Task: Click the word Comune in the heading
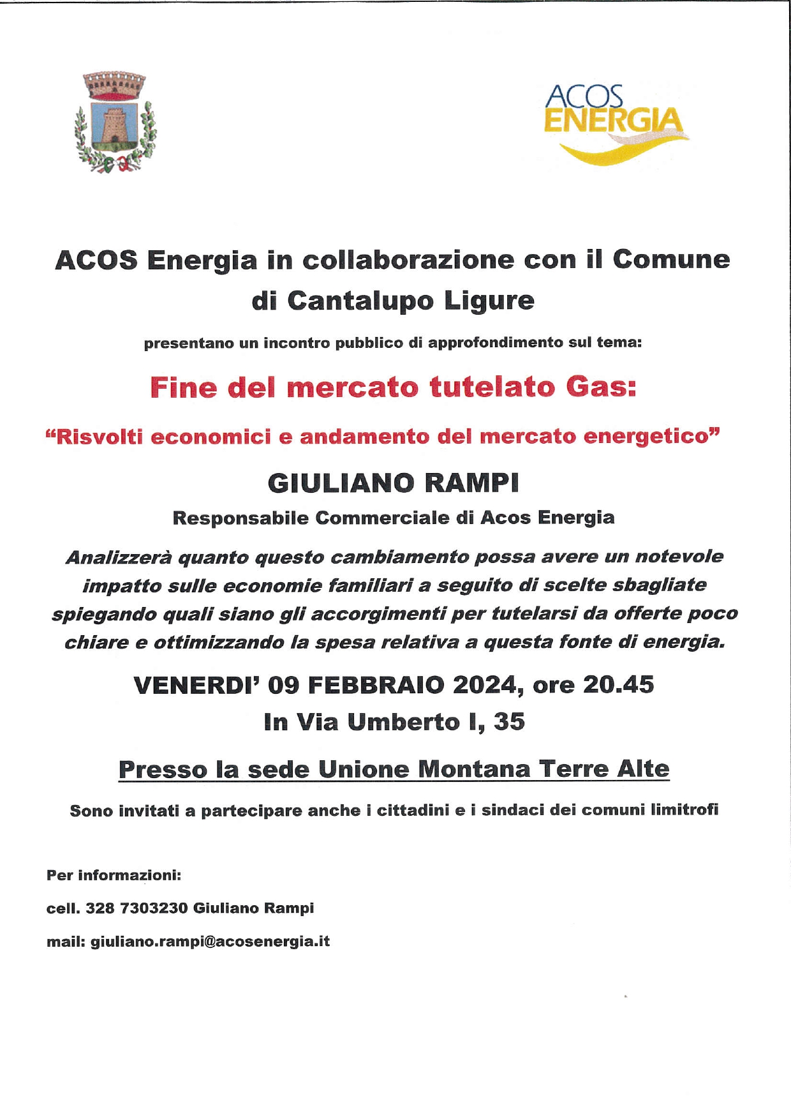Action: (671, 260)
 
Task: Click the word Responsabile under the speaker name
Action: (240, 518)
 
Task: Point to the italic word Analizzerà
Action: (119, 557)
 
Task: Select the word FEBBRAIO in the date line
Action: (377, 685)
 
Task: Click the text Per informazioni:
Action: (114, 875)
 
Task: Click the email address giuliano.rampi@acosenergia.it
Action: (211, 942)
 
